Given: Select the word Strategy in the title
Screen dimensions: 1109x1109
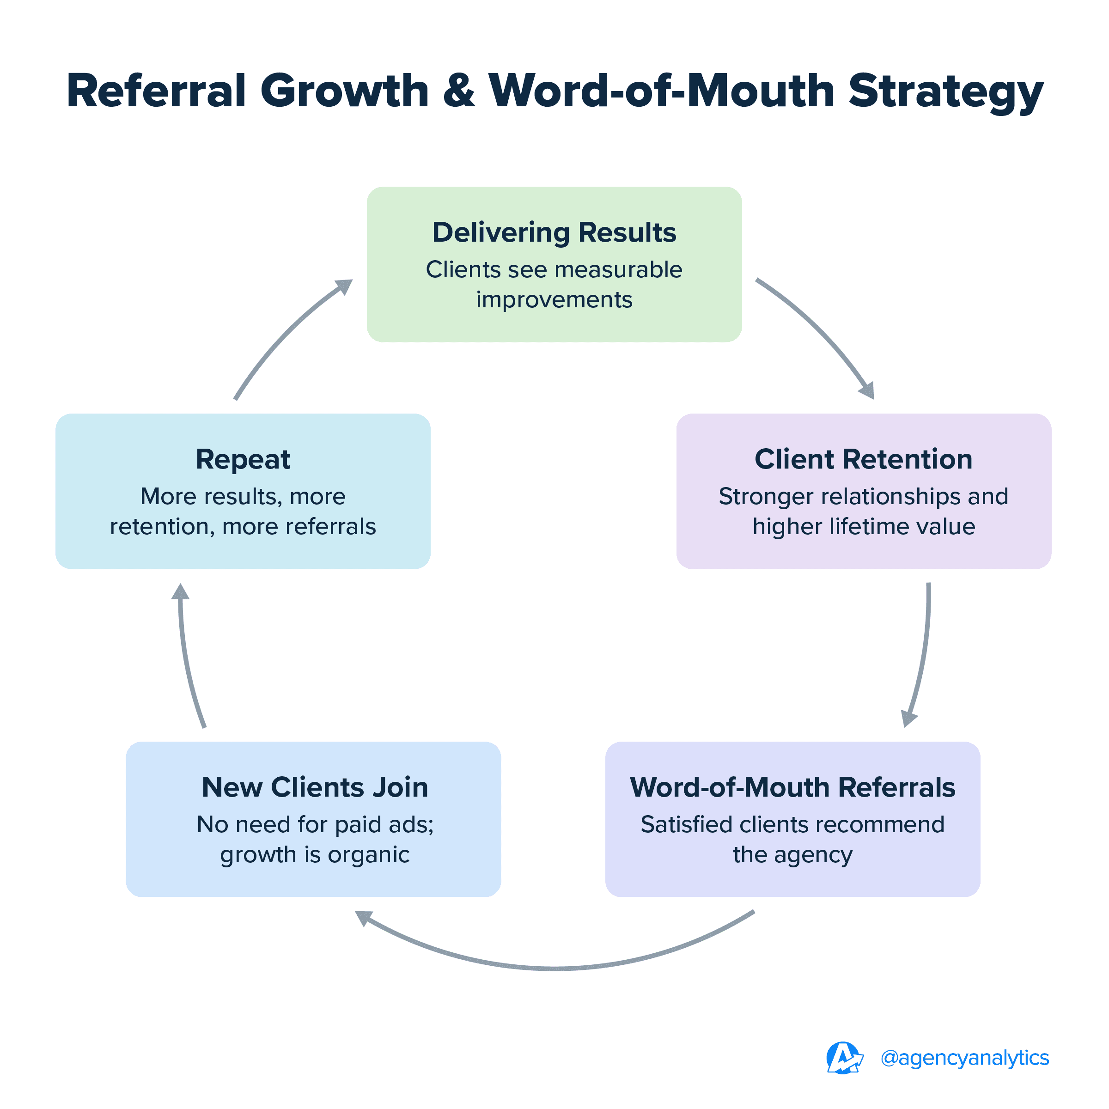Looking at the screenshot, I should coord(945,92).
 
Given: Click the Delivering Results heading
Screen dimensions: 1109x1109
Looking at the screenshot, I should coord(554,232).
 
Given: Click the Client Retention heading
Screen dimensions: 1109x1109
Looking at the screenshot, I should coord(863,459).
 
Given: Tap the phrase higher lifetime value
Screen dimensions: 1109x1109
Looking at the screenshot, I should coord(863,527).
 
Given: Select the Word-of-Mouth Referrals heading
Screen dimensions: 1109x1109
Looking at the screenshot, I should coord(792,787).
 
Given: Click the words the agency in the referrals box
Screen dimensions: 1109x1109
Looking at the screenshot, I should coord(792,855).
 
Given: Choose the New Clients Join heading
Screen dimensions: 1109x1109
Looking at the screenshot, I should coord(315,787).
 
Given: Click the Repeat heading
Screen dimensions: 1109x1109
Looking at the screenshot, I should coord(243,459).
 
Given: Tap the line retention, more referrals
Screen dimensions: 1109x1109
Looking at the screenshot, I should coord(243,527).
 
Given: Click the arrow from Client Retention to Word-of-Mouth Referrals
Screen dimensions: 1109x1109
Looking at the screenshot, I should coord(922,654).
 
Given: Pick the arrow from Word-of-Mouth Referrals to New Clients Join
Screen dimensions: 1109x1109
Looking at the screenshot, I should coord(554,968).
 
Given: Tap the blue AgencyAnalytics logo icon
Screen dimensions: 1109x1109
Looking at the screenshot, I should coord(843,1058).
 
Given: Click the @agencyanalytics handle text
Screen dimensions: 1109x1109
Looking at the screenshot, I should coord(964,1057).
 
